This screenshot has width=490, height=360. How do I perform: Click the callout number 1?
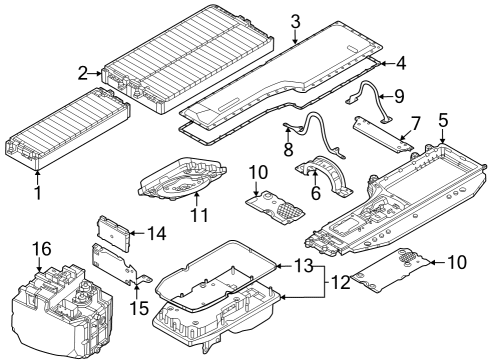(x=38, y=193)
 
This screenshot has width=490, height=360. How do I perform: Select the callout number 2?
(x=83, y=73)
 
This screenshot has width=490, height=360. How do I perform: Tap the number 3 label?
(x=295, y=22)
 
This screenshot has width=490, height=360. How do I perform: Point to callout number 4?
(x=400, y=63)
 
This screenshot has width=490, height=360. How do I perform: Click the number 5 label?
(x=443, y=121)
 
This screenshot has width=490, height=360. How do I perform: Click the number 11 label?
(x=199, y=215)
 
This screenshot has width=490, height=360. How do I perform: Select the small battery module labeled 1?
(x=67, y=128)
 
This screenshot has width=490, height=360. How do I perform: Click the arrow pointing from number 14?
(x=137, y=233)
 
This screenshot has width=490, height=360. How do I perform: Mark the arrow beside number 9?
(x=385, y=97)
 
